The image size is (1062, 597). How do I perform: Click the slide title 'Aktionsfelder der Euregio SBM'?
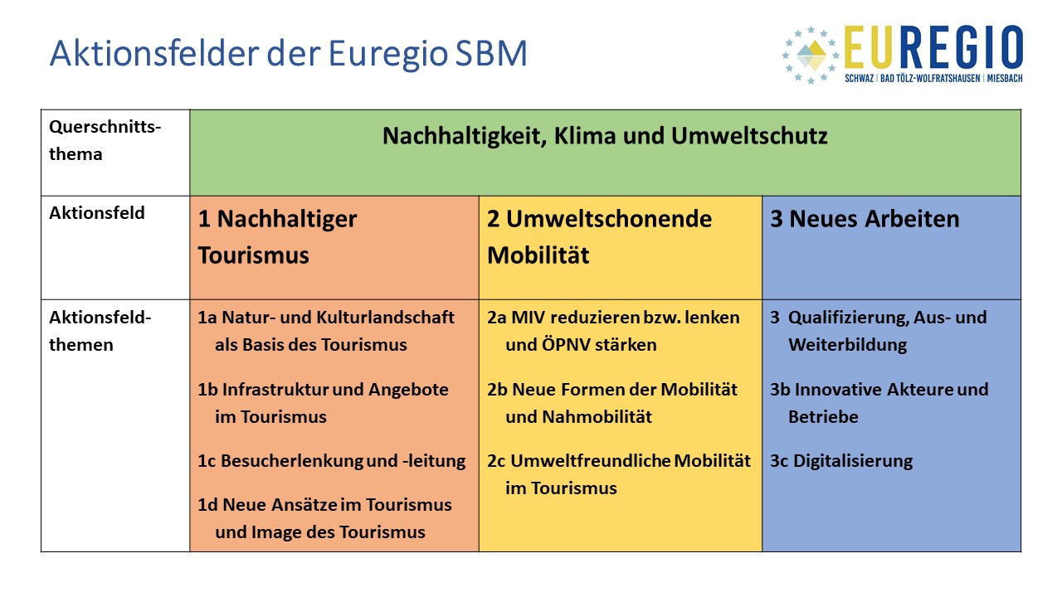click(288, 53)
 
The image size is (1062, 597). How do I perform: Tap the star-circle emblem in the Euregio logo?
click(811, 55)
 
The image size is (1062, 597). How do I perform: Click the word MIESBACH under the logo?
click(1005, 78)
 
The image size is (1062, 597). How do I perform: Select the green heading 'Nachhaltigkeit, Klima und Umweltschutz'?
click(605, 136)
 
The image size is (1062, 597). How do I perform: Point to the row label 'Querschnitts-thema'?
click(105, 140)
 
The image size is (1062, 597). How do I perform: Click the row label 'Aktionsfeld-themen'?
click(100, 331)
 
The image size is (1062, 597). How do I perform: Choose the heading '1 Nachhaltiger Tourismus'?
click(277, 237)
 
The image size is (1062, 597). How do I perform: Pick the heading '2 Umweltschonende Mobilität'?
click(599, 237)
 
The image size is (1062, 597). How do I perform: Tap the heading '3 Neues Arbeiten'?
click(865, 219)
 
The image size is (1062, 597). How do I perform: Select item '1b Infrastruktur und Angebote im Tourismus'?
click(323, 403)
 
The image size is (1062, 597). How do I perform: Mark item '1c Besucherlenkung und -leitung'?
click(331, 461)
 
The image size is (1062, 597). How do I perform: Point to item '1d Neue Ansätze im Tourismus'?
click(324, 505)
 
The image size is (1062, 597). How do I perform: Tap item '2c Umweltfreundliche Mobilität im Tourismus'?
click(619, 474)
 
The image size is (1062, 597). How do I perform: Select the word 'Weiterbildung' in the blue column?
click(847, 345)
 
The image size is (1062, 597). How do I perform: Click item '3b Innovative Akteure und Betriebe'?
click(879, 403)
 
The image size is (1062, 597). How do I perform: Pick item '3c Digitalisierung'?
click(841, 461)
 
